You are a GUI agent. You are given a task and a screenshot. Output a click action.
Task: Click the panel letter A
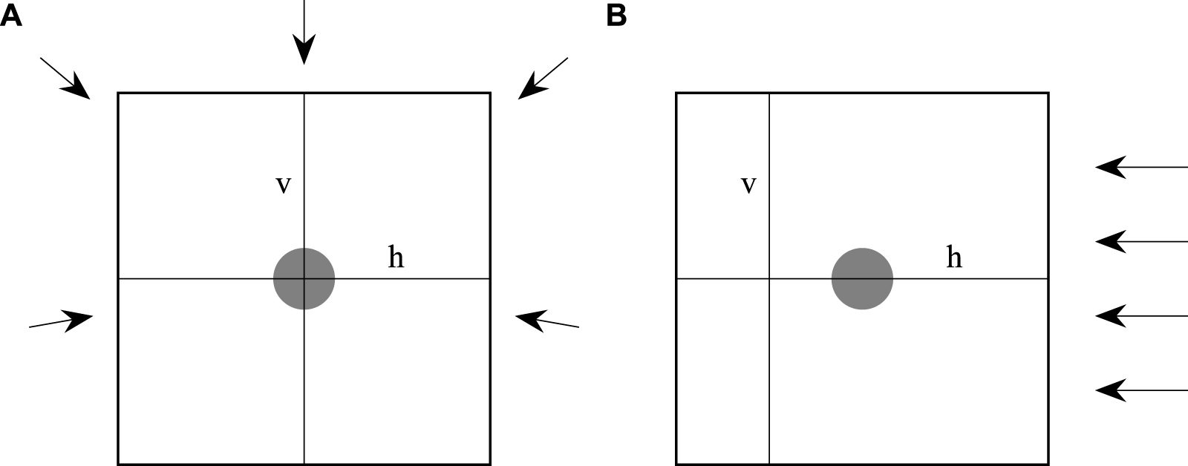[11, 16]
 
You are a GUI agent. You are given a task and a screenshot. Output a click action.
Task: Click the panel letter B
[616, 16]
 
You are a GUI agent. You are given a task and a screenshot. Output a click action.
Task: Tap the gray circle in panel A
[304, 279]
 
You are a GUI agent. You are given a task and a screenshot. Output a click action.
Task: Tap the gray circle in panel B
[862, 279]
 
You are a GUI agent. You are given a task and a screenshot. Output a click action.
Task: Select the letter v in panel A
[283, 185]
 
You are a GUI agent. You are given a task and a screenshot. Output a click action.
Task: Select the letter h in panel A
[396, 257]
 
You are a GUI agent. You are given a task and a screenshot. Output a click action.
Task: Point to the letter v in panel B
[748, 185]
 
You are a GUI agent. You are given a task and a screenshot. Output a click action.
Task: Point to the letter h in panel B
[954, 257]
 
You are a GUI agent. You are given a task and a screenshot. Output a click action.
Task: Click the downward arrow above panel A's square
[304, 33]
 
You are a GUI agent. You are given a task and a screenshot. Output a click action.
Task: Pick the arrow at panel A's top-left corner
[65, 77]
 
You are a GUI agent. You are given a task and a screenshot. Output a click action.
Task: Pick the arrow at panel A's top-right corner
[543, 77]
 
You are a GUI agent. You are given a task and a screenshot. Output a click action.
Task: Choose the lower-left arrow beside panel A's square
[61, 321]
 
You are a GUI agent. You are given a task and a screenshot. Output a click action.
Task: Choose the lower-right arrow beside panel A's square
[546, 321]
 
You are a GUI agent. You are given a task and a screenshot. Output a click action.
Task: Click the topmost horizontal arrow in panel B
[1140, 168]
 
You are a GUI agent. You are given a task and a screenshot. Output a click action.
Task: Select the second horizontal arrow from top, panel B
[1140, 242]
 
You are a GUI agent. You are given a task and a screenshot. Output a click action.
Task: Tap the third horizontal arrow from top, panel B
[1140, 316]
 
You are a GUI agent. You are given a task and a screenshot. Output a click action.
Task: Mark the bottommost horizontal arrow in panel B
[1140, 390]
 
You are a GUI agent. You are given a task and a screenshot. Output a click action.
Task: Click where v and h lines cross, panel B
[769, 279]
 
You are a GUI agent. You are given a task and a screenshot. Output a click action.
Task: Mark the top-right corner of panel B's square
[1048, 93]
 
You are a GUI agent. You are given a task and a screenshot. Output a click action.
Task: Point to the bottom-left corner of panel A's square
[119, 464]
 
